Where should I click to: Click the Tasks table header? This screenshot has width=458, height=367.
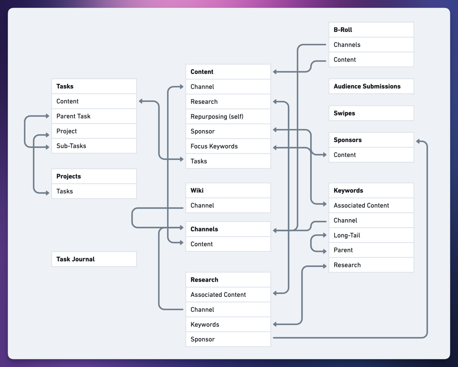[94, 86]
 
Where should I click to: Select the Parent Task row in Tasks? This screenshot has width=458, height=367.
[94, 116]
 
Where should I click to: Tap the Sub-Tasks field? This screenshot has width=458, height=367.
[94, 146]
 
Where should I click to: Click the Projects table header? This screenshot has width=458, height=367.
[94, 176]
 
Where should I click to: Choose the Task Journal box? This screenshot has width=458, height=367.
[94, 259]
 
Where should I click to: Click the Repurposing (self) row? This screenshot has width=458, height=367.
[228, 117]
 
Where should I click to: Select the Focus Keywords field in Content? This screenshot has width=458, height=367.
[228, 146]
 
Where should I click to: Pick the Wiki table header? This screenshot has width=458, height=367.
[228, 190]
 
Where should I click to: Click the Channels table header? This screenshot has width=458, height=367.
[228, 229]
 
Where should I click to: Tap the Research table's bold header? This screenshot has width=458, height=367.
[228, 280]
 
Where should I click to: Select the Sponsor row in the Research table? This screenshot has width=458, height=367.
[228, 339]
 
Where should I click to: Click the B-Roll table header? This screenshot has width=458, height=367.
[371, 30]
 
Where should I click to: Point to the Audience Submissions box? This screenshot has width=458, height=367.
[371, 86]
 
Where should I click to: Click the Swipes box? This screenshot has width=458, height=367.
[371, 113]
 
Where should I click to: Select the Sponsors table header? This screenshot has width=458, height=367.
[371, 140]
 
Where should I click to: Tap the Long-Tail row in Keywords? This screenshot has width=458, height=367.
[371, 235]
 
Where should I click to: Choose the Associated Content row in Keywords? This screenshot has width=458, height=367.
[371, 205]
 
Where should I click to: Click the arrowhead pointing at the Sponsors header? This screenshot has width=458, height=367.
[418, 141]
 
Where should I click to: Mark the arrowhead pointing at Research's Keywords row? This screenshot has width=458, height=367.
[275, 324]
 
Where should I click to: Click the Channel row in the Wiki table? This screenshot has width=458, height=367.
[228, 205]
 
